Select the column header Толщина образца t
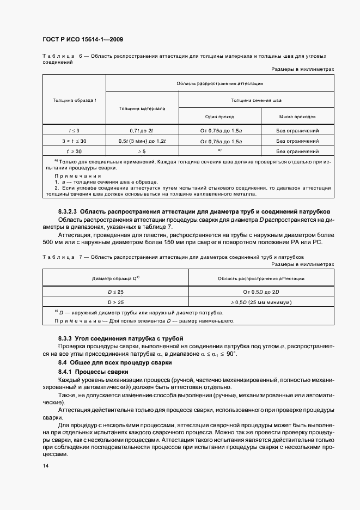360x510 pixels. coord(74,100)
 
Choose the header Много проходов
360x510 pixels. coord(297,117)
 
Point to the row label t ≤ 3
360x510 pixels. coord(74,131)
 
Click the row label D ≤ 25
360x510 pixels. coord(115,292)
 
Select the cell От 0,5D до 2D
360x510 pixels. coord(261,292)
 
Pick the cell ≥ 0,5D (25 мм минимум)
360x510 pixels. coord(261,302)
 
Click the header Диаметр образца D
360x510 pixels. coord(115,278)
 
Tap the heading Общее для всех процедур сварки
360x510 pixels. coord(123,362)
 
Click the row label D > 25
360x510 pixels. coord(115,302)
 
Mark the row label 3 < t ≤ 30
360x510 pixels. coord(74,141)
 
